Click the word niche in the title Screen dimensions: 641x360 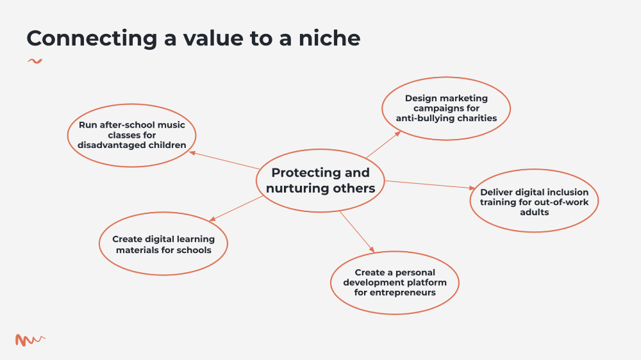coord(329,38)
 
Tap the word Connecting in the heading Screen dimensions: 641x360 coord(92,39)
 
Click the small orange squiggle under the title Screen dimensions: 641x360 coord(35,61)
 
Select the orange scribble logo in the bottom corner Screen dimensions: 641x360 coord(30,340)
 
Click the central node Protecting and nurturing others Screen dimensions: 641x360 coord(320,181)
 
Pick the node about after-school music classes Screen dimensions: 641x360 coord(131,135)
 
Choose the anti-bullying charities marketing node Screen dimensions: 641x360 coord(446,108)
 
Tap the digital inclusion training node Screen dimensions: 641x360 coord(534,200)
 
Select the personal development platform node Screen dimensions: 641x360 coord(394,282)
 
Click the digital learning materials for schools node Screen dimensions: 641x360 coord(163,243)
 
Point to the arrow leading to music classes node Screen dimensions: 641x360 coord(224,160)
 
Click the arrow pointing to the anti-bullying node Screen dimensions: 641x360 coord(383,145)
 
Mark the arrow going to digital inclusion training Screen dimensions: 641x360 coord(430,184)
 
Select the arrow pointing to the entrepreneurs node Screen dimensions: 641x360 coord(357,232)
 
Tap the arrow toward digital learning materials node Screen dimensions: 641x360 coord(237,208)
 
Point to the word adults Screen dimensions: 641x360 coord(535,212)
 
